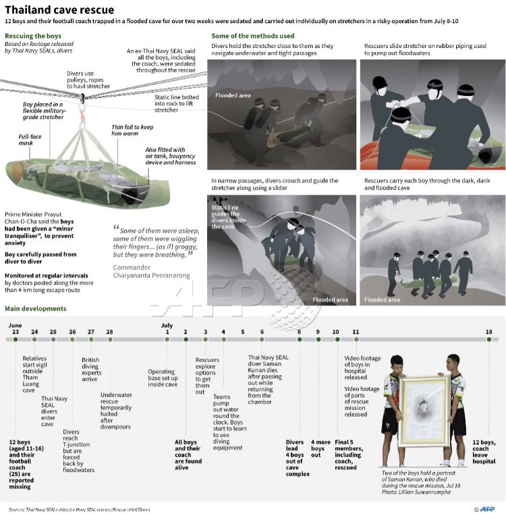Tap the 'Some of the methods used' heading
click(252, 36)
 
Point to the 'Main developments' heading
click(36, 309)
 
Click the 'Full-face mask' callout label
click(30, 140)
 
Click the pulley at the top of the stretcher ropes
click(83, 97)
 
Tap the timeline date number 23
click(16, 332)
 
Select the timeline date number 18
click(489, 332)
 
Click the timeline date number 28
click(109, 332)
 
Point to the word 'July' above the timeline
click(167, 324)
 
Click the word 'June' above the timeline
click(16, 324)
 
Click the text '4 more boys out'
click(320, 447)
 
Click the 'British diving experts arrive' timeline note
click(91, 369)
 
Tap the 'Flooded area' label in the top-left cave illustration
click(233, 95)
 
